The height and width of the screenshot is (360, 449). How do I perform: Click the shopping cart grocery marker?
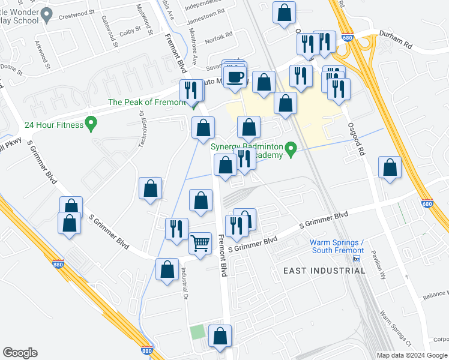point(200,243)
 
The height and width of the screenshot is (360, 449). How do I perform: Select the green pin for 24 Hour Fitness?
point(91,125)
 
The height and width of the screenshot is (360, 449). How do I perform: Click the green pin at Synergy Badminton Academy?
point(291,148)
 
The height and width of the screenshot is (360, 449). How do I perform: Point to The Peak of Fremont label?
point(146,102)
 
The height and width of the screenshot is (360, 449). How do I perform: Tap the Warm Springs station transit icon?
point(356,259)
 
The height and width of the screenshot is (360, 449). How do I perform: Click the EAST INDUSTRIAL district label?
point(324,271)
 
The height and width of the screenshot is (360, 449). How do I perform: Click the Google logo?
point(20,353)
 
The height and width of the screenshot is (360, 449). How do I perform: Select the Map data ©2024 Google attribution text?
point(412,355)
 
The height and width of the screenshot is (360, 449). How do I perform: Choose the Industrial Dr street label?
point(185,283)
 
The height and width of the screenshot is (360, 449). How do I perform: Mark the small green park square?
point(197,332)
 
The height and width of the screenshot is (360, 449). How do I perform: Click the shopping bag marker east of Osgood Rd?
point(390,169)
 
